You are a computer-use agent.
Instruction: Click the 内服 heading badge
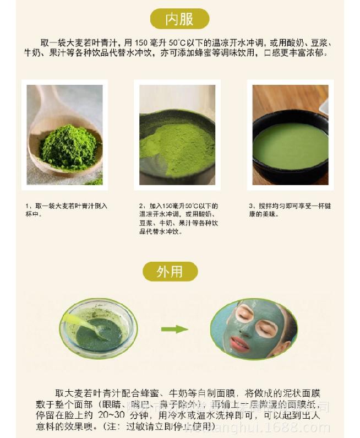179,19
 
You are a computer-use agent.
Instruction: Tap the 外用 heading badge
170,272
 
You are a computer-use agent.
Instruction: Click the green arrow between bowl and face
174,329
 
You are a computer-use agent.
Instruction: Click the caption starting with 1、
64,210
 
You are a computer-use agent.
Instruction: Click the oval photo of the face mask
254,329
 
